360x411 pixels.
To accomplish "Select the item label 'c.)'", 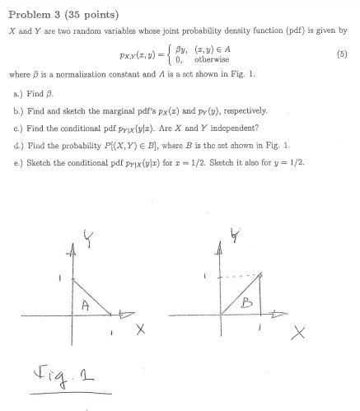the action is click(x=13, y=125).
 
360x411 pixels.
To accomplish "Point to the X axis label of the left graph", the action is click(x=140, y=331).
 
